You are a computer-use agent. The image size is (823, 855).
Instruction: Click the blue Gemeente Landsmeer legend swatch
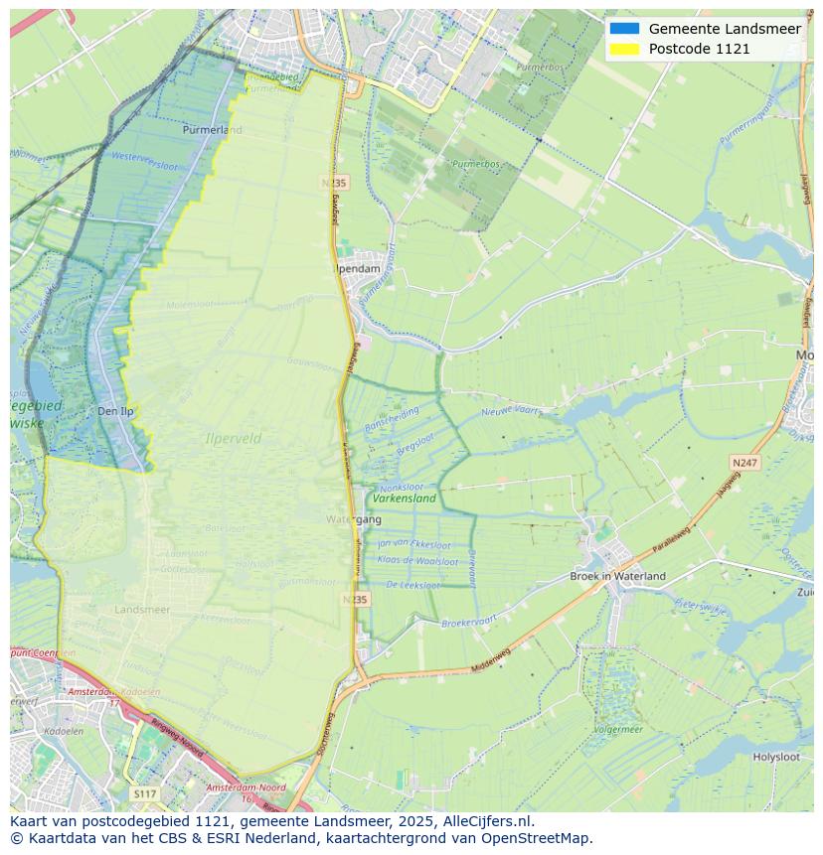point(625,29)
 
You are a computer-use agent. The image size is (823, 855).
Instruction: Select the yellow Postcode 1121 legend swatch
point(625,49)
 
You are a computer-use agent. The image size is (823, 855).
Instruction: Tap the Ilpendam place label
point(358,268)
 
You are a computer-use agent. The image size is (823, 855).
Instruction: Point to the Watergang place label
point(353,519)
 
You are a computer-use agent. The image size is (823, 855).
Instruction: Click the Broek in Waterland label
point(617,576)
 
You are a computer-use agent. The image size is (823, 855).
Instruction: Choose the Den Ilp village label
point(115,411)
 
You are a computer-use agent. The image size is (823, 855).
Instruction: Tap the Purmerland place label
point(212,129)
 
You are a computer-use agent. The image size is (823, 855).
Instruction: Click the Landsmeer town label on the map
point(142,609)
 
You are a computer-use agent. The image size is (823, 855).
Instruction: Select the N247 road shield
point(743,463)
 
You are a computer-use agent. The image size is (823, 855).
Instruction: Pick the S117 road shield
point(144,793)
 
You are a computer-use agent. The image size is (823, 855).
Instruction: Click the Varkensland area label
point(405,499)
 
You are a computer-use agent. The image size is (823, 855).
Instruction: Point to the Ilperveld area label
point(233,438)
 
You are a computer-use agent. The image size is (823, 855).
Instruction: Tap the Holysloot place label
point(775,757)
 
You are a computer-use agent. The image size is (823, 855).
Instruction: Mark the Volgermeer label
point(617,729)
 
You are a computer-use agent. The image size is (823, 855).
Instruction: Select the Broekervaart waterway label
point(468,623)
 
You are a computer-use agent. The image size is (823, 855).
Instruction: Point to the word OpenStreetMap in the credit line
point(536,838)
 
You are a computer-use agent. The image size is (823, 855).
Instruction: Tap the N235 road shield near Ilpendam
point(335,183)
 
